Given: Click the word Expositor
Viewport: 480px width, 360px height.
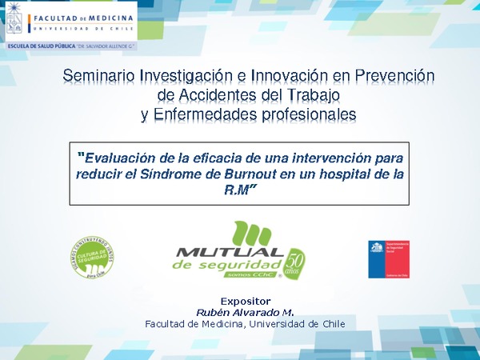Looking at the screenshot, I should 244,301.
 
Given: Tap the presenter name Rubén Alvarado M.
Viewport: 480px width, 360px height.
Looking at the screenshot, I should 244,311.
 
